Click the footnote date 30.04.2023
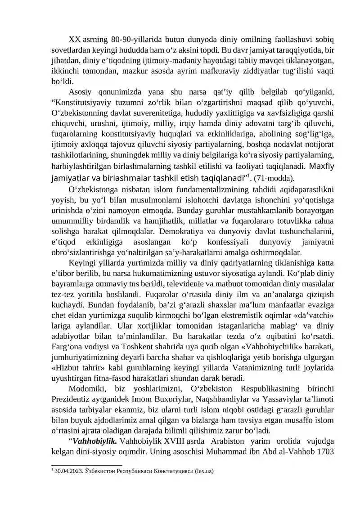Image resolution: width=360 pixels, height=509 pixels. tap(67, 472)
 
